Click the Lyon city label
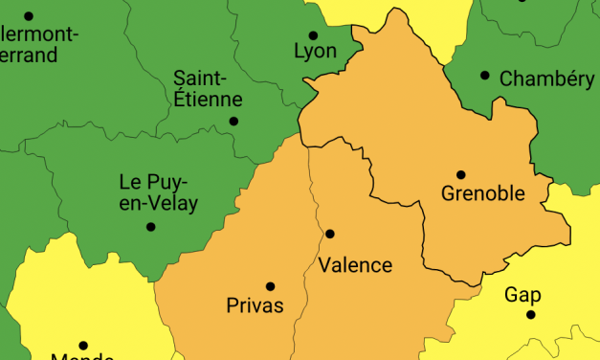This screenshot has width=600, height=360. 317,51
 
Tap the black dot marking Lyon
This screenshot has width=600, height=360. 313,35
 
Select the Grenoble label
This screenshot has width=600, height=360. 483,193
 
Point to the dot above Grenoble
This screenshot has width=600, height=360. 460,175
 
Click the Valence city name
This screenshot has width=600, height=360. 355,265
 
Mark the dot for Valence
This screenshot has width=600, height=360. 330,234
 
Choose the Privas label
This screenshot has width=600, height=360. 255,305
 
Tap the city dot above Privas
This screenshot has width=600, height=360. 270,285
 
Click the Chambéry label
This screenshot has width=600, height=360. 547,79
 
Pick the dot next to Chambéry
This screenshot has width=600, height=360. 485,76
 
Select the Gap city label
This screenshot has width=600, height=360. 523,294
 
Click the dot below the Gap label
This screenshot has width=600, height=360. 530,314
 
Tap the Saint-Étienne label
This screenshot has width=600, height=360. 208,87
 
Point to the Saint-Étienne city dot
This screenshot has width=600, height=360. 233,121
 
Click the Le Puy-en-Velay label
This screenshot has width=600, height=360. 153,191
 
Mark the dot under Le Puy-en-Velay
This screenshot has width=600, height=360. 150,227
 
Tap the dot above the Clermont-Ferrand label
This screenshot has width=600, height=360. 29,16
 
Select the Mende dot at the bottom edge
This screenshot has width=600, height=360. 83,345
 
